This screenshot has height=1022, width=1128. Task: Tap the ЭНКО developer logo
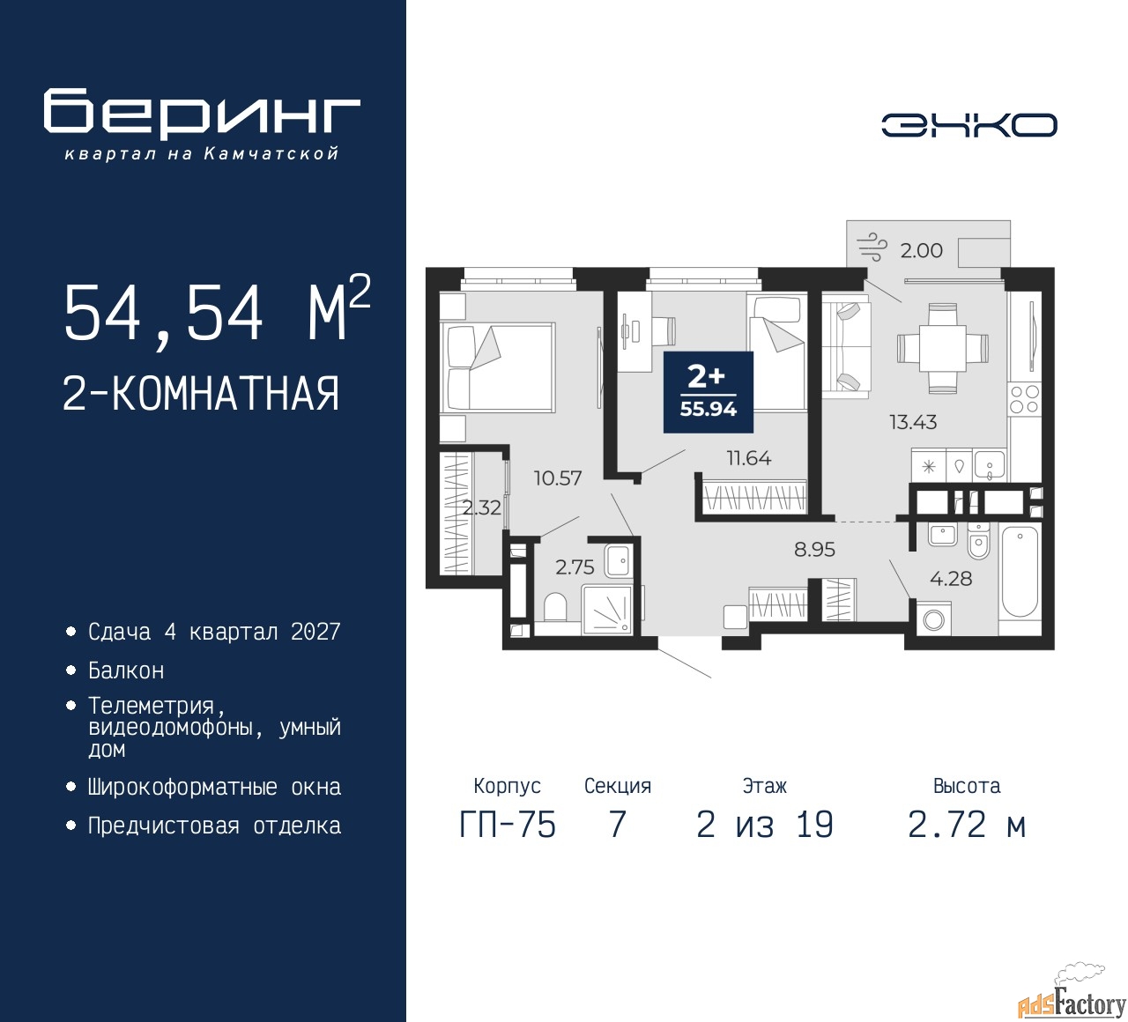968,125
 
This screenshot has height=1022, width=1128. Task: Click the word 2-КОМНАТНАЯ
201,393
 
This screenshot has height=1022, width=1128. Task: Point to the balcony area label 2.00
921,250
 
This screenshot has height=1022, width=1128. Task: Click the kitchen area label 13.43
913,422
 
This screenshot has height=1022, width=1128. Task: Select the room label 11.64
749,458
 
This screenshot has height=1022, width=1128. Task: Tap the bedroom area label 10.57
558,478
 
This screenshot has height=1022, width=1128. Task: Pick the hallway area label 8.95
814,549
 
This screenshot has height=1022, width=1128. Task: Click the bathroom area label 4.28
951,578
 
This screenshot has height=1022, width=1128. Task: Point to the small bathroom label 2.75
575,567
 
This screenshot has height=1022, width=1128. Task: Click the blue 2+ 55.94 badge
708,392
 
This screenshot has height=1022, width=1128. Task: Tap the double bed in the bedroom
498,366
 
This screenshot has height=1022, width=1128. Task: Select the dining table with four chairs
942,348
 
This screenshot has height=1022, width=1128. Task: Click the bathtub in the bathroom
1020,572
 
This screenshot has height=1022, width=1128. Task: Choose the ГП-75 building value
508,825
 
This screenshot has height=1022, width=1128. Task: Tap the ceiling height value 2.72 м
967,825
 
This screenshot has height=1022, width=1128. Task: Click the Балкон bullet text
126,670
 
